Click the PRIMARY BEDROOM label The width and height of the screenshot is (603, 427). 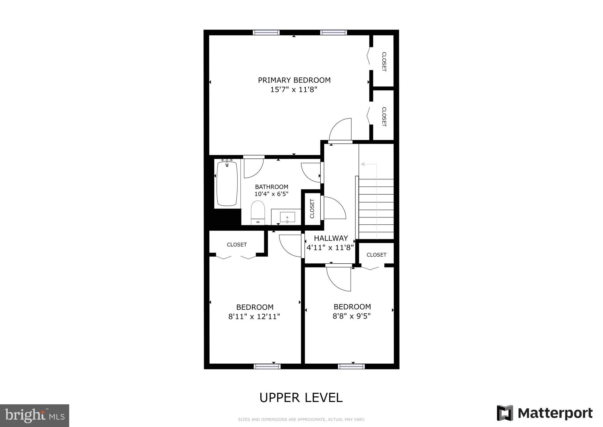[x=294, y=80]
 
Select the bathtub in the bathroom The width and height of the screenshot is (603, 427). [x=227, y=183]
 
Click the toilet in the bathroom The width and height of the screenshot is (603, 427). [x=258, y=212]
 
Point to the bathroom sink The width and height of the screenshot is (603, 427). [x=287, y=217]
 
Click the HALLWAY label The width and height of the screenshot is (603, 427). [x=331, y=238]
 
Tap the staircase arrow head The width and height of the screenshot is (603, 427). [x=363, y=164]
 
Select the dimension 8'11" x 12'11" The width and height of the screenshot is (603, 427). [x=254, y=317]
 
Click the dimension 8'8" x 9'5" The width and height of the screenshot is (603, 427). [x=352, y=316]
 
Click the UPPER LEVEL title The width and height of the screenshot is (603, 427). [x=301, y=398]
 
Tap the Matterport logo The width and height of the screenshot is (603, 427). [x=545, y=413]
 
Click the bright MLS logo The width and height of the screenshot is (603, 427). [x=34, y=416]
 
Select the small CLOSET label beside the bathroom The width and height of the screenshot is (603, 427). [x=312, y=209]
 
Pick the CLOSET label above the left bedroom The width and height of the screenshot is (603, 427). [x=237, y=245]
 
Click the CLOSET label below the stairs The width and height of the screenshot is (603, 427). [x=376, y=255]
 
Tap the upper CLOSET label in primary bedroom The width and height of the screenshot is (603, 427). [x=384, y=62]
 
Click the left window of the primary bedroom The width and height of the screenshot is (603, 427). [x=266, y=32]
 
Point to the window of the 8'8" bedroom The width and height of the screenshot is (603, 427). [x=351, y=367]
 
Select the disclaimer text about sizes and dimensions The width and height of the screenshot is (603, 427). [x=301, y=419]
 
